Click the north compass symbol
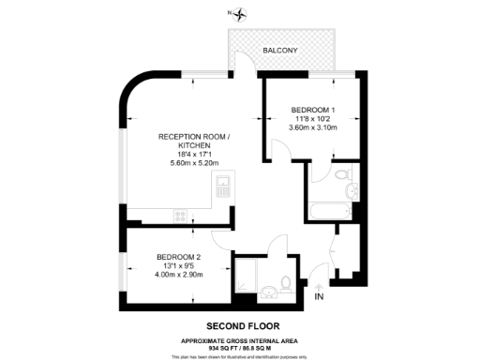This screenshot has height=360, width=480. (241, 13)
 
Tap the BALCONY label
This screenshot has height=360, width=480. (280, 50)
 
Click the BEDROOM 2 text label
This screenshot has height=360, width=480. (178, 257)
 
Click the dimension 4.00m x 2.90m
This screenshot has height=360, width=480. (178, 276)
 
